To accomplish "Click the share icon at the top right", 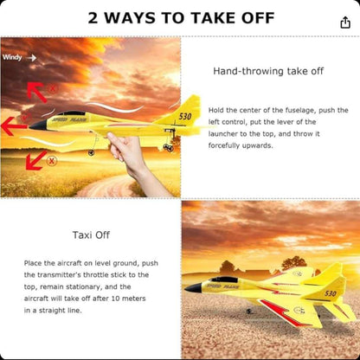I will click(x=345, y=22).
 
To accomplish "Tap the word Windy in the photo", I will click(x=12, y=58).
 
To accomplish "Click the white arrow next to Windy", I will click(x=31, y=58).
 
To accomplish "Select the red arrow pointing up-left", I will click(x=36, y=90).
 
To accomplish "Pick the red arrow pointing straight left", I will click(x=12, y=127).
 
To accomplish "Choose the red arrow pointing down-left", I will click(x=35, y=158).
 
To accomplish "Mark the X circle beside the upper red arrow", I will click(x=52, y=88).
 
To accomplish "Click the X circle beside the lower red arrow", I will click(x=52, y=161).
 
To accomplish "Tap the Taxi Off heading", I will click(x=90, y=234).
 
